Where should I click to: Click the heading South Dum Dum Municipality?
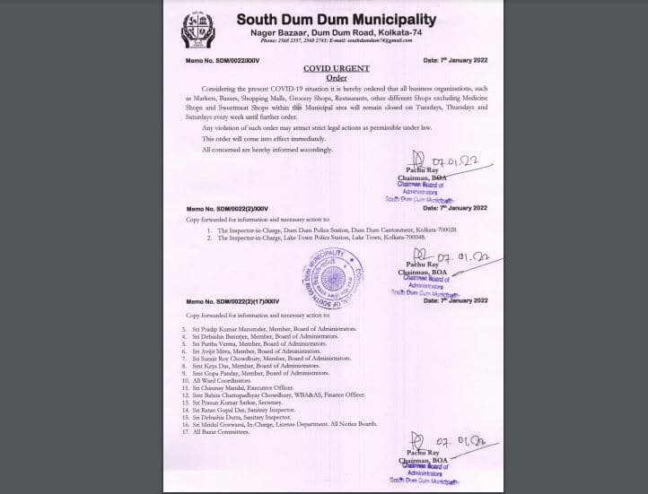[x=337, y=19]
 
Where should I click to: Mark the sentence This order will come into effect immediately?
[x=255, y=139]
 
